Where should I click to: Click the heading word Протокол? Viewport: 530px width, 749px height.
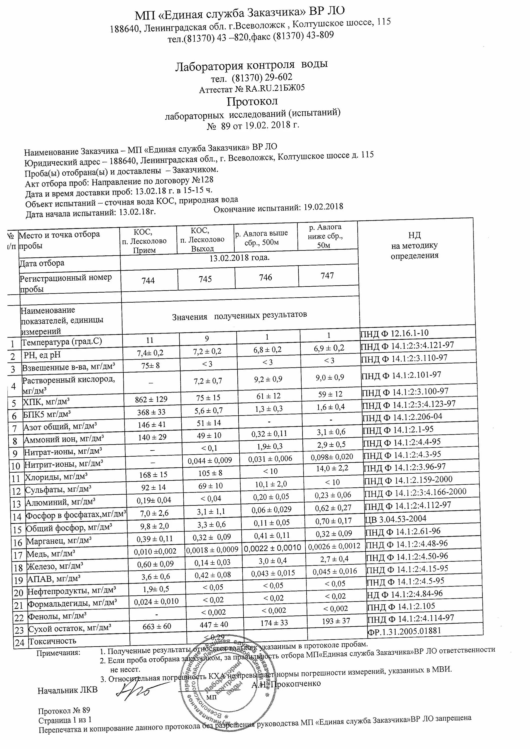pyautogui.click(x=252, y=101)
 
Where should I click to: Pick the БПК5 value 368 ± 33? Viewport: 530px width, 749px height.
pyautogui.click(x=151, y=412)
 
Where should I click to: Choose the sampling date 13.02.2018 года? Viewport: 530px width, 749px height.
pyautogui.click(x=239, y=258)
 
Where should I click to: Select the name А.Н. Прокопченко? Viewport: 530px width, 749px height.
pyautogui.click(x=286, y=683)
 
